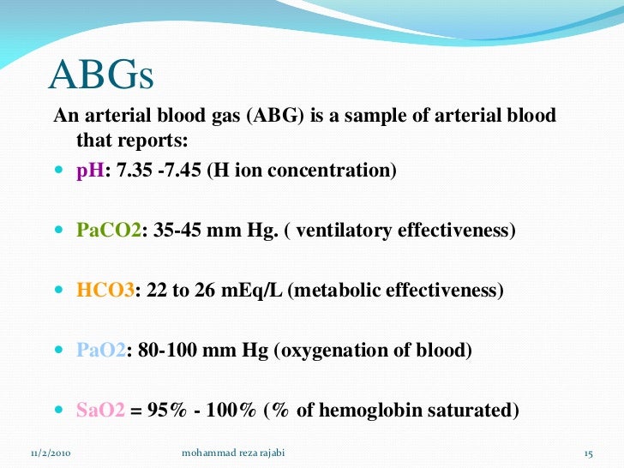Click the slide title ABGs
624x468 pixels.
coord(101,75)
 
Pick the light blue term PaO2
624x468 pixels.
coord(101,351)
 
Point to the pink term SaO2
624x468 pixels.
coord(101,411)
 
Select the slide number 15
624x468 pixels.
coord(588,452)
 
